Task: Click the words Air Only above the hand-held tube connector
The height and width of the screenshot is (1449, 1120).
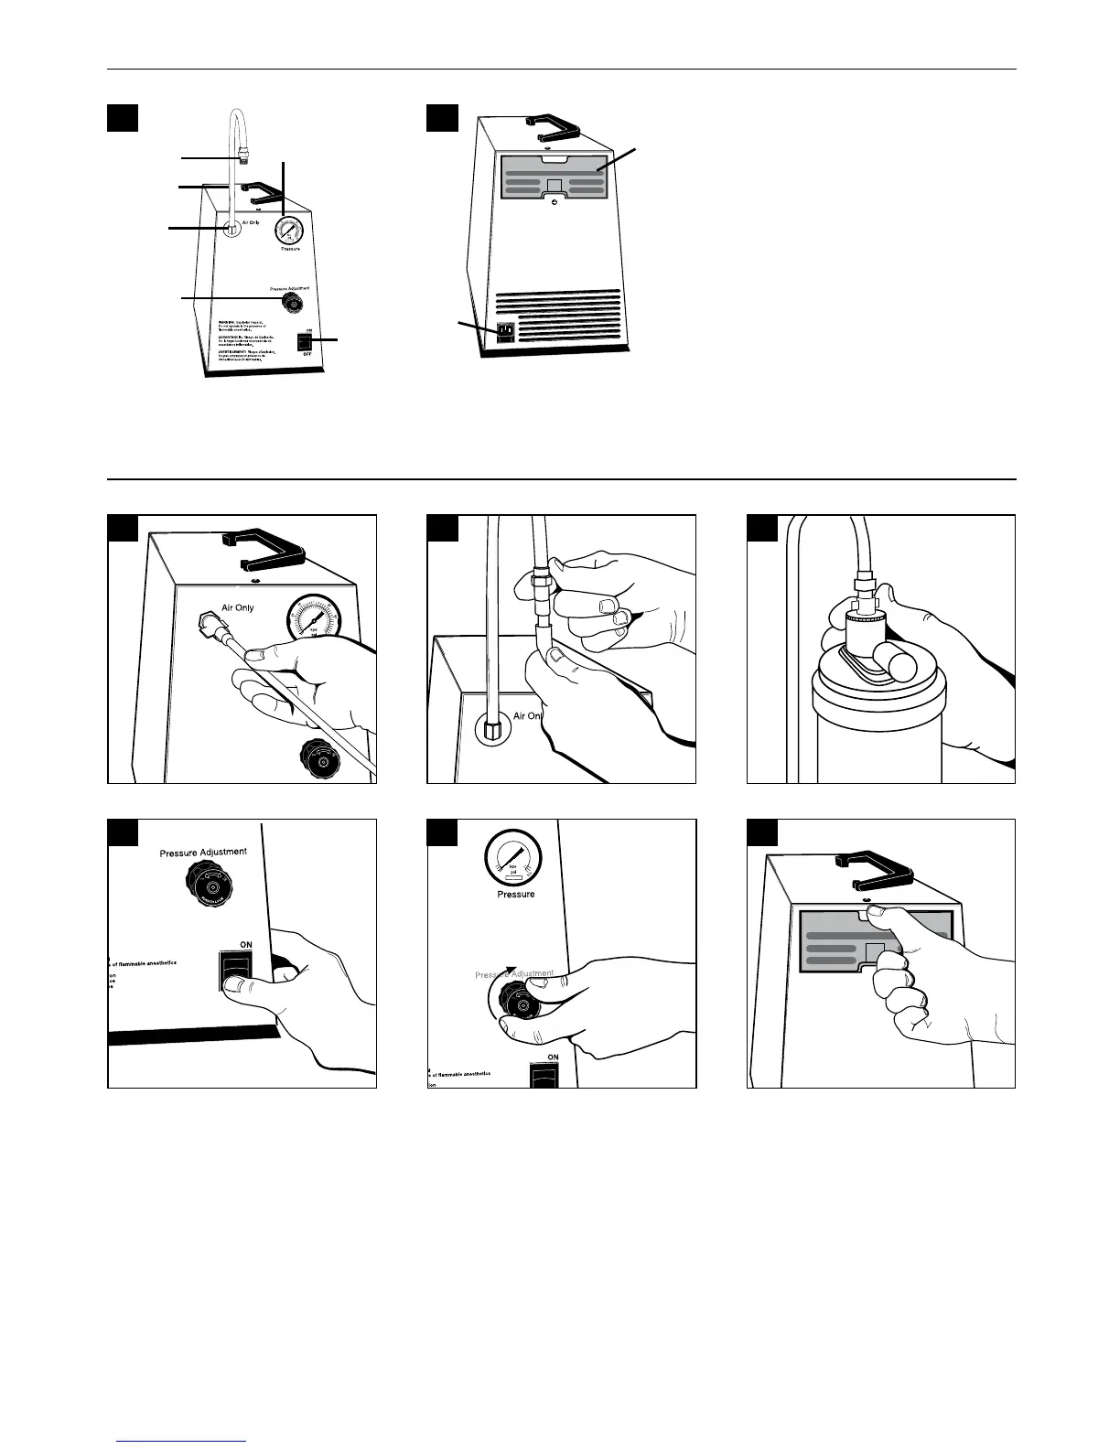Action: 237,606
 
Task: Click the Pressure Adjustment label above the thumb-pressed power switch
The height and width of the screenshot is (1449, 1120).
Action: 203,852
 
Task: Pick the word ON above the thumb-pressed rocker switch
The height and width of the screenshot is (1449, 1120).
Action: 246,944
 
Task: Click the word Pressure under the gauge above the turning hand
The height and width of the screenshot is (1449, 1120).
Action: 516,894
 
